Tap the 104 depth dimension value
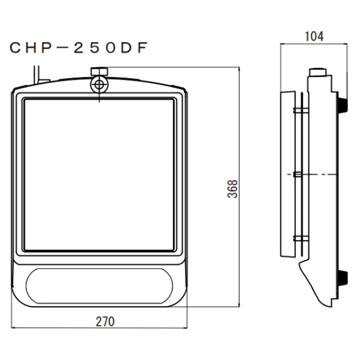(314, 37)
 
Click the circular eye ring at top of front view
(99, 84)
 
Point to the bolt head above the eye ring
(99, 71)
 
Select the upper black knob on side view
(343, 104)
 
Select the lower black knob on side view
(343, 277)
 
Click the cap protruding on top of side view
(319, 72)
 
